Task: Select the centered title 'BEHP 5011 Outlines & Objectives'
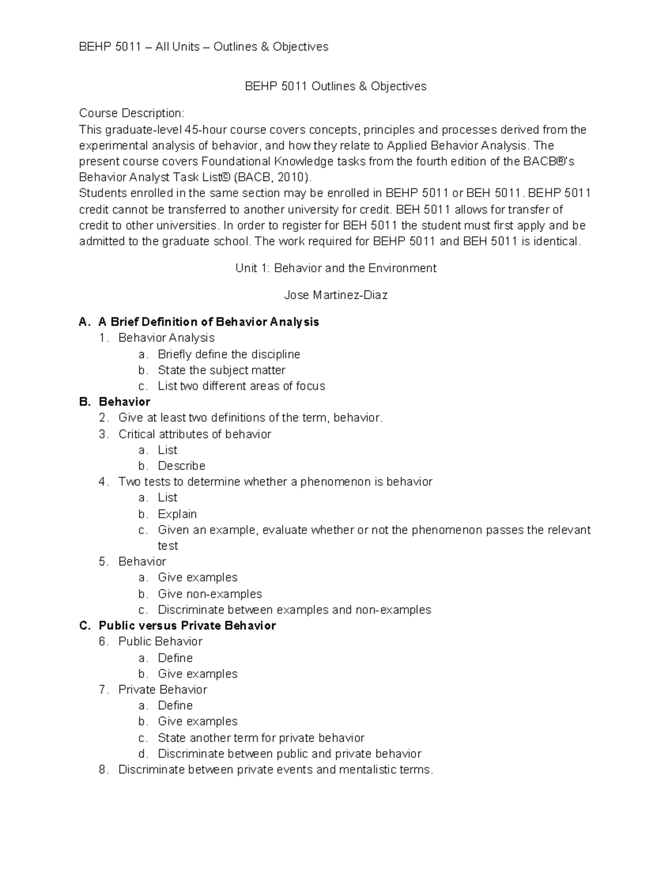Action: point(335,86)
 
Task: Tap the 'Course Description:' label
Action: point(131,113)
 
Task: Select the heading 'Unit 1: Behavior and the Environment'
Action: point(335,268)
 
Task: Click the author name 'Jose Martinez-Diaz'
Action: point(335,295)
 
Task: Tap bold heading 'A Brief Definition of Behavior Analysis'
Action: point(208,322)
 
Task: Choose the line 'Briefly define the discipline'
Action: point(228,354)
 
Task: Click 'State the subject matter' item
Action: point(221,370)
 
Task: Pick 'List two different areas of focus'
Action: point(241,386)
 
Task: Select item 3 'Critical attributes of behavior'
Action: point(194,434)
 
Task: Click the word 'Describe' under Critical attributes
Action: point(181,466)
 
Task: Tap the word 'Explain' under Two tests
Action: point(177,514)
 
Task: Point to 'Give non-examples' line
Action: point(209,594)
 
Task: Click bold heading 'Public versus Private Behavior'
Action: point(187,626)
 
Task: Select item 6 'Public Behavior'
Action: point(160,641)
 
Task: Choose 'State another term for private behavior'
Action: point(261,738)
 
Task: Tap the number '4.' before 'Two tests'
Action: point(103,482)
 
